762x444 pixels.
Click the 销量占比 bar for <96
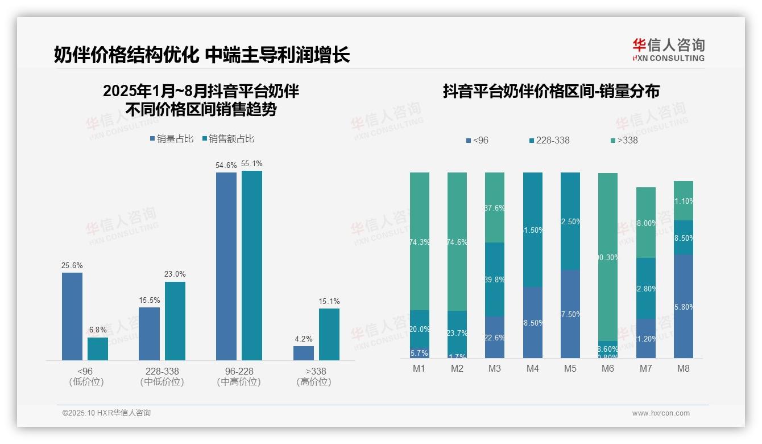point(72,316)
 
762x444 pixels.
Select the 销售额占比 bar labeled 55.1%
point(252,265)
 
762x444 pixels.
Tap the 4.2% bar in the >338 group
point(304,353)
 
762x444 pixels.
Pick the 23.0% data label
point(175,274)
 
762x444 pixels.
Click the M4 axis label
point(532,368)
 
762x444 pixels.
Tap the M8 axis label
point(683,368)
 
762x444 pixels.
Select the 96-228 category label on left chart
point(239,371)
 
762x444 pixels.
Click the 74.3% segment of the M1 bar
point(420,241)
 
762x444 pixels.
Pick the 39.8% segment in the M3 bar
point(495,279)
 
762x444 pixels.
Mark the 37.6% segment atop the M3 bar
point(495,207)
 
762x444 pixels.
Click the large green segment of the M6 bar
point(607,257)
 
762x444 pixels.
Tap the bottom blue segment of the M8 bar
point(683,306)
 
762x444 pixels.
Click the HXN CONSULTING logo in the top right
point(668,50)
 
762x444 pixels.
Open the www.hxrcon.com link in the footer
point(661,413)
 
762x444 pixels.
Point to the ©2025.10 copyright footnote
point(106,413)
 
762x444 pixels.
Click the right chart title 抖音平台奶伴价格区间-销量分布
point(550,92)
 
